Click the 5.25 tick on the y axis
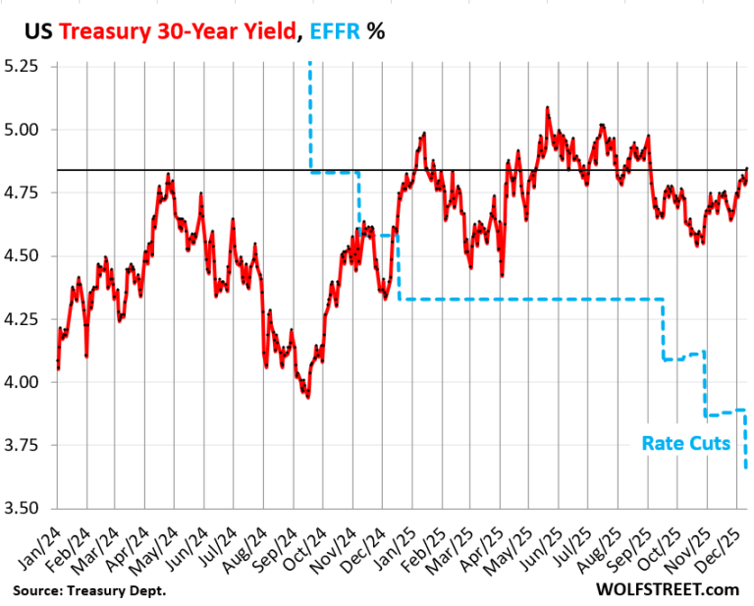coord(24,67)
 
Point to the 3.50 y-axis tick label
coord(24,509)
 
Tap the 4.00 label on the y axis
coord(24,382)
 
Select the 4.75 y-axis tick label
coord(24,193)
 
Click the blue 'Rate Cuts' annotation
coord(685,443)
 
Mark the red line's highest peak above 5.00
coord(547,107)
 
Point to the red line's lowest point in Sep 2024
coord(308,397)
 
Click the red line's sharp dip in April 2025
coord(502,276)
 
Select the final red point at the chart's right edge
coord(746,168)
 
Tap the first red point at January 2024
coord(58,368)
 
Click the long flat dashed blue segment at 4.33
coord(530,299)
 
